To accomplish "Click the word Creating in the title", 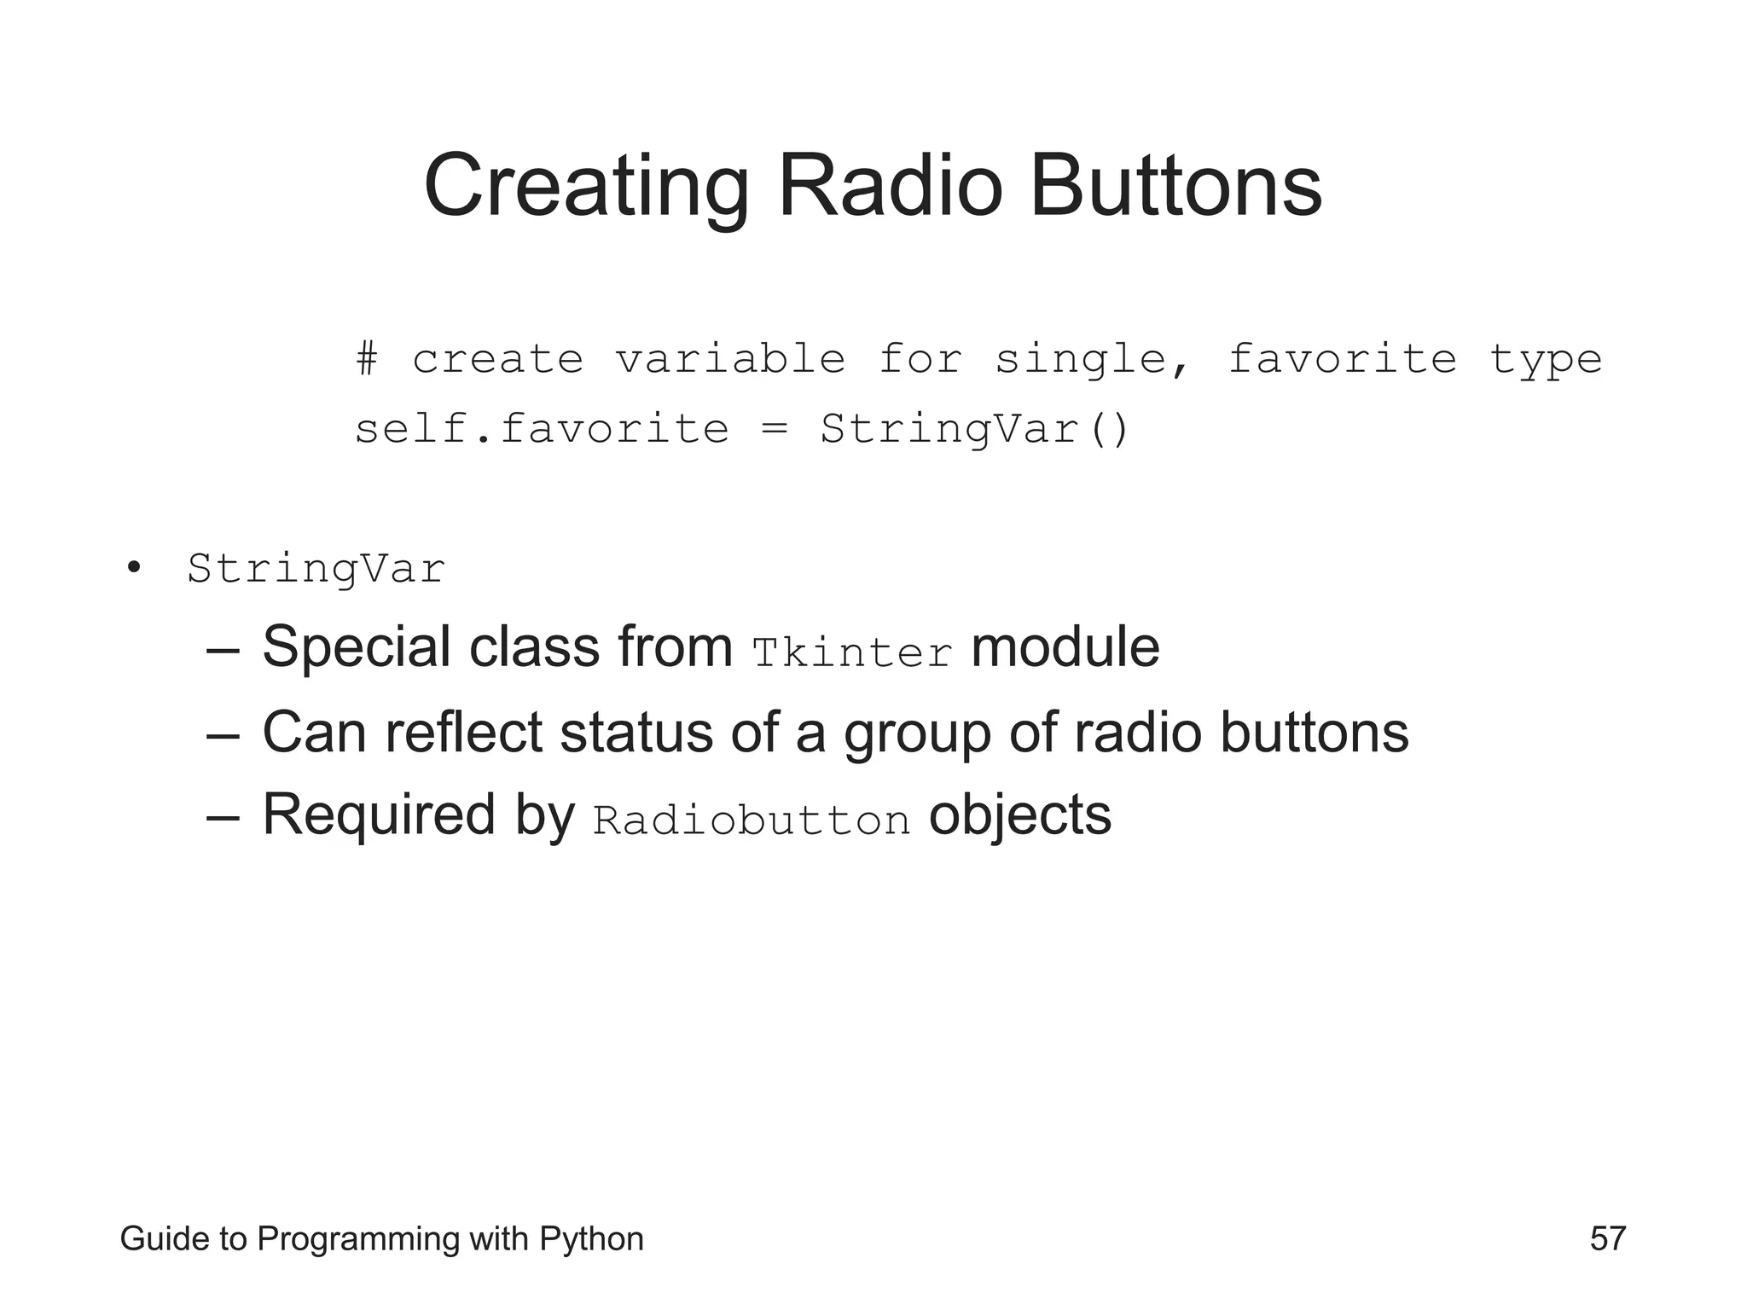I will pos(586,186).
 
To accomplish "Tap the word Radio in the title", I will pos(890,186).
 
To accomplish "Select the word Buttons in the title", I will pos(1175,186).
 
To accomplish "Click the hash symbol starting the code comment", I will pos(367,358).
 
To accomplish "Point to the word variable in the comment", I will pos(730,358).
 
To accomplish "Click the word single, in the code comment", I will pos(1092,360).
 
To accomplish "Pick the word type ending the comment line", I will pos(1546,360).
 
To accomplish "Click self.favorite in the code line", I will pos(542,428).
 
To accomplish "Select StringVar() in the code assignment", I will pos(974,428).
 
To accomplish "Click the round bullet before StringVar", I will pos(133,568).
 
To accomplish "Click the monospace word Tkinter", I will pos(852,653).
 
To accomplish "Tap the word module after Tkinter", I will pos(1065,648).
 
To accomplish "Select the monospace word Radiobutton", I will pos(752,820).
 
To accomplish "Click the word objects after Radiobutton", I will pos(1019,815).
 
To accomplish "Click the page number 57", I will pos(1607,1238).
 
